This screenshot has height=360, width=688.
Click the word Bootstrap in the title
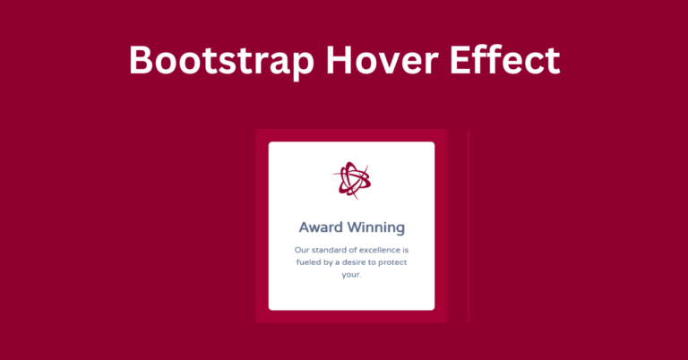(x=221, y=61)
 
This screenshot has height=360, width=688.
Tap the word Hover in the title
(x=382, y=60)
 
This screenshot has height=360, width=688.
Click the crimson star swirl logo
(x=351, y=180)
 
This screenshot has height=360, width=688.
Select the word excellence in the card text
(x=379, y=250)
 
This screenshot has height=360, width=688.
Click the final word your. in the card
(x=351, y=275)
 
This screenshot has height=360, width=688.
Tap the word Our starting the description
(x=302, y=250)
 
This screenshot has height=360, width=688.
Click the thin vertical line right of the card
(x=469, y=227)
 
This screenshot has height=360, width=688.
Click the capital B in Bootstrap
(x=140, y=61)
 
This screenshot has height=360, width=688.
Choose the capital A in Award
(x=305, y=227)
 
